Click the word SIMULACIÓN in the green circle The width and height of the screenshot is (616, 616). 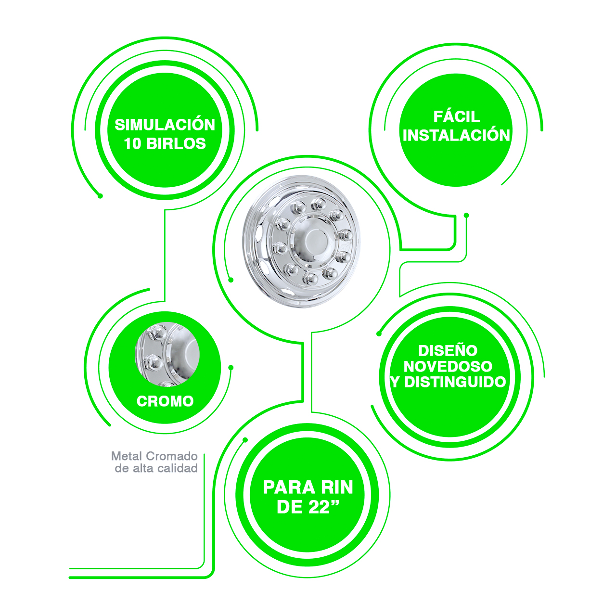[x=165, y=124]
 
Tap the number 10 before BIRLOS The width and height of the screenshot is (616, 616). [x=132, y=143]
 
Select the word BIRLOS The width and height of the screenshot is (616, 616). [x=176, y=143]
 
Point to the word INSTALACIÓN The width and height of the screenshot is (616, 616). [x=457, y=135]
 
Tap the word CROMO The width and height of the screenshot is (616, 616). [x=165, y=401]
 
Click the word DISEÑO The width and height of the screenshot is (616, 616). [x=448, y=351]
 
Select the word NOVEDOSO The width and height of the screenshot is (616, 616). [x=448, y=366]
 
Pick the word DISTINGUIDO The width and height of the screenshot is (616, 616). [x=455, y=382]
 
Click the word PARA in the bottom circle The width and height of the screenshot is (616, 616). [x=289, y=487]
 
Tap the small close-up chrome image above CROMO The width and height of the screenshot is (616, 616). [x=167, y=354]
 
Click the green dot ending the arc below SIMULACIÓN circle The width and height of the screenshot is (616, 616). [x=100, y=196]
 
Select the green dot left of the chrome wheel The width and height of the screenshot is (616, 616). [x=231, y=280]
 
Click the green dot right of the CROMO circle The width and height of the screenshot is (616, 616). [x=231, y=368]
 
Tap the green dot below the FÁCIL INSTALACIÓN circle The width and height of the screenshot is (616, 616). [x=466, y=216]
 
